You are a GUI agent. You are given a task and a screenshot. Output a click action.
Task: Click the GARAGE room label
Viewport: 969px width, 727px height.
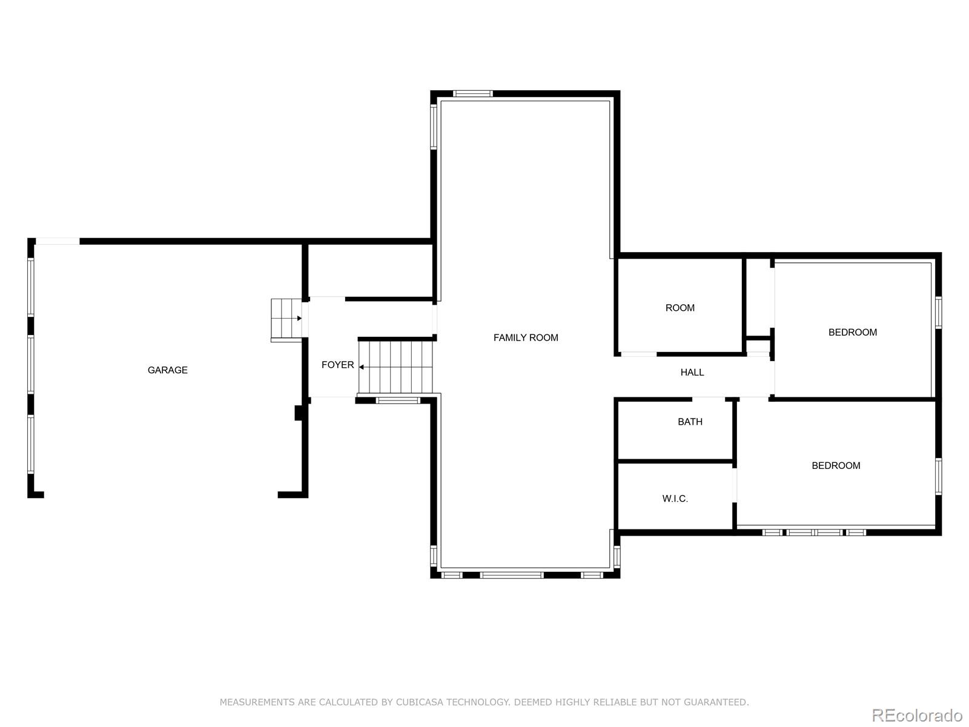click(167, 370)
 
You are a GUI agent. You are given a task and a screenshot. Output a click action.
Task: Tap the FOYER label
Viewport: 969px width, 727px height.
click(338, 365)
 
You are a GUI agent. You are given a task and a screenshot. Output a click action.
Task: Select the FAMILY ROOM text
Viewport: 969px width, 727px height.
click(526, 337)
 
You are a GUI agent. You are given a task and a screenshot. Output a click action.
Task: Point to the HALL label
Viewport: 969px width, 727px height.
click(692, 373)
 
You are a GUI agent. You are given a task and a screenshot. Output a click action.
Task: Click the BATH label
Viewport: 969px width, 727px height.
click(690, 422)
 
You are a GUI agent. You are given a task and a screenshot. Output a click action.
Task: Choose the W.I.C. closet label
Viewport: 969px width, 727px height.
click(675, 499)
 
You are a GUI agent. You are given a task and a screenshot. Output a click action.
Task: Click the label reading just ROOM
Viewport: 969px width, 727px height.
click(680, 308)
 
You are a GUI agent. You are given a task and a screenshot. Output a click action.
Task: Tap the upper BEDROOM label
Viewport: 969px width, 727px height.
click(853, 333)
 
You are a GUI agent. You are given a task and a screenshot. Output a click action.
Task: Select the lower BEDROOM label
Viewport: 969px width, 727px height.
click(836, 466)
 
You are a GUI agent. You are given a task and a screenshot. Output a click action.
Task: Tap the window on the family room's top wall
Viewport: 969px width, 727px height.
click(473, 93)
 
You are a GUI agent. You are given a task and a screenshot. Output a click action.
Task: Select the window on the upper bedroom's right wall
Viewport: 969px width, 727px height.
click(939, 313)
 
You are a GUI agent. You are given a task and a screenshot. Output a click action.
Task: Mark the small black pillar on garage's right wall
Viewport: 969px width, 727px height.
click(299, 413)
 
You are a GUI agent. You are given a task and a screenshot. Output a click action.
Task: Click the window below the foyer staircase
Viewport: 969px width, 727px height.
click(398, 400)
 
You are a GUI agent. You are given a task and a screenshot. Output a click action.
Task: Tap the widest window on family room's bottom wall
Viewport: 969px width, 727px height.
click(512, 575)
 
